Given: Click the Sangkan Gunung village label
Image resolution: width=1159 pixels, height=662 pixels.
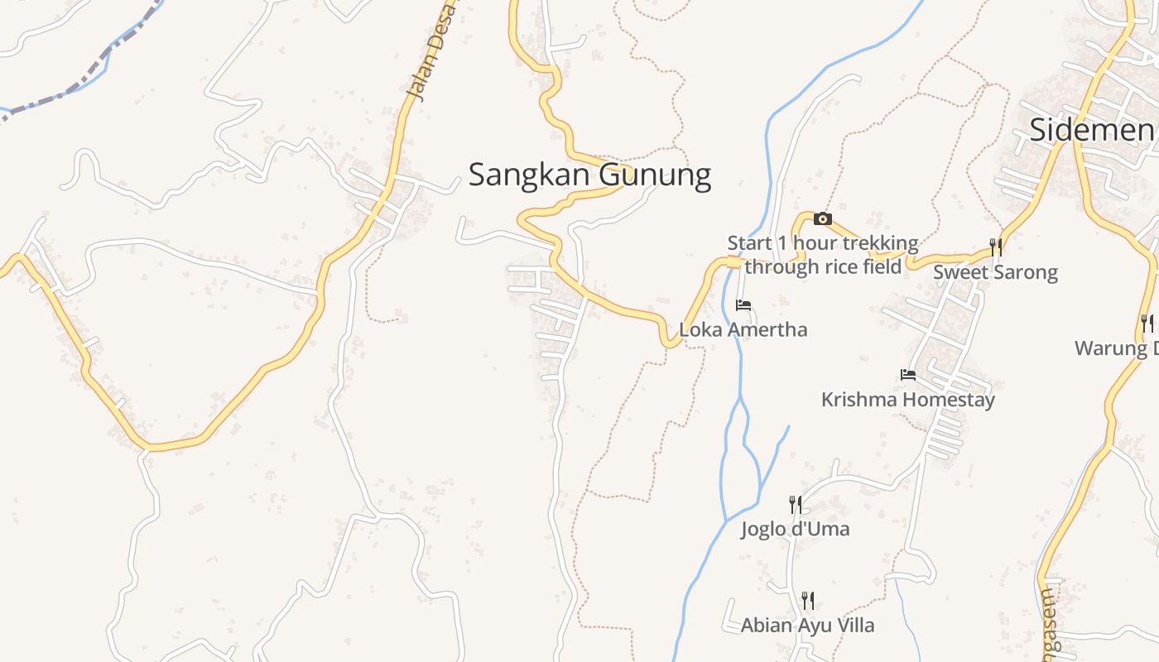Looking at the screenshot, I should coord(589,175).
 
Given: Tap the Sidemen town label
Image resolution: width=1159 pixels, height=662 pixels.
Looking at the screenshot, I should coord(1093,130).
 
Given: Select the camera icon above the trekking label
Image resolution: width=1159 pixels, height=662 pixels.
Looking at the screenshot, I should coord(822,218).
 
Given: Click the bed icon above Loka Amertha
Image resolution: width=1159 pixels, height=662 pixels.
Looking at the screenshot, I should coord(743,305).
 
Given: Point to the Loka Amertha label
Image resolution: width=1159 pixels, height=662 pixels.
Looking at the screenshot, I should coord(743,329).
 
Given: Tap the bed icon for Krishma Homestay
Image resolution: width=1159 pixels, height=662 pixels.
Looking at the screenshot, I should coord(908,375).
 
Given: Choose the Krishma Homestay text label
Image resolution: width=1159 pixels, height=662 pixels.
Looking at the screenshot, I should coord(907,400).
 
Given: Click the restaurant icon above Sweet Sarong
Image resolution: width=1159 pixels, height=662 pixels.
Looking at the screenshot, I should coord(996,247).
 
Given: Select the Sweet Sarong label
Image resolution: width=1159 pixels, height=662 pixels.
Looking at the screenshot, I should coord(995,272).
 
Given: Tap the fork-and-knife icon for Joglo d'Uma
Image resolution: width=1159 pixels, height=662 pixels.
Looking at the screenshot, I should coord(795,504).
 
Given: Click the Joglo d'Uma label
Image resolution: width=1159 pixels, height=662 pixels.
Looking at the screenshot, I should coord(795,529).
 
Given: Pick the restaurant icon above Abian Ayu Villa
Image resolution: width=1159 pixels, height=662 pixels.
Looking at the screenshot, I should coord(808,600).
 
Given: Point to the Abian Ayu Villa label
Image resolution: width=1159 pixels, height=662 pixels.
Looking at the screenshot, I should coord(807,625).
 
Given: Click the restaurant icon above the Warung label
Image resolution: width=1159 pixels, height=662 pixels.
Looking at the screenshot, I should coord(1147,323).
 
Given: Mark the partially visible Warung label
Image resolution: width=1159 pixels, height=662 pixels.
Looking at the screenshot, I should coord(1116,348).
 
